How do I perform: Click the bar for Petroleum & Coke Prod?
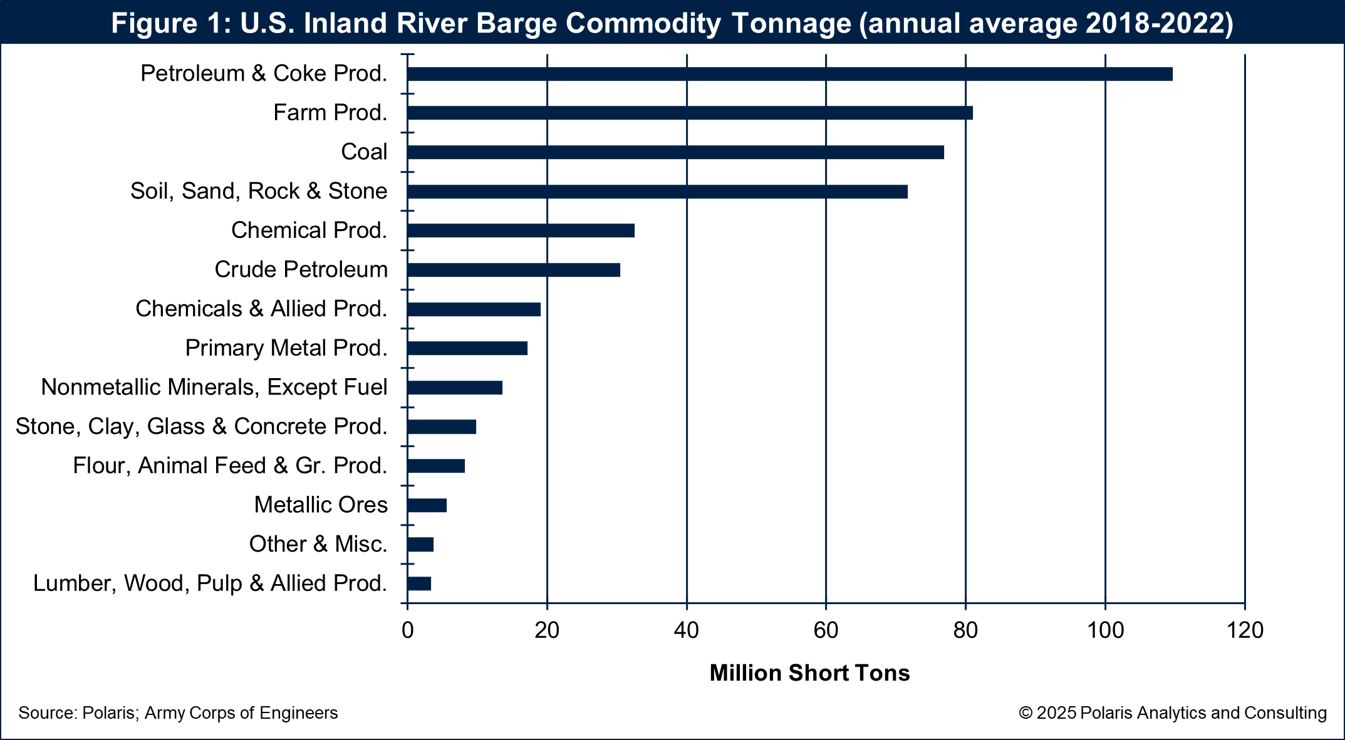789,74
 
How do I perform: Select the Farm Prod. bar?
689,113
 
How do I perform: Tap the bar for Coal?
675,152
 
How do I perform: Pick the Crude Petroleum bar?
514,270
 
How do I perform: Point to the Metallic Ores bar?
427,505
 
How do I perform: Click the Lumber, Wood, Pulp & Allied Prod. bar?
419,583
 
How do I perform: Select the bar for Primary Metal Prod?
467,348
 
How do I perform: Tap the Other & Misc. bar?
420,545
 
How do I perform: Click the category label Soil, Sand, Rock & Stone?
259,191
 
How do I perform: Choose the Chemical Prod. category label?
309,230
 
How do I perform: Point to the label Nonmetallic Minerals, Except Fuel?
214,388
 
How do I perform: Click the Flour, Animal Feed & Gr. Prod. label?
230,466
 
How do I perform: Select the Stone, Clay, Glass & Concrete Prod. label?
201,426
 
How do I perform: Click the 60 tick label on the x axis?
826,630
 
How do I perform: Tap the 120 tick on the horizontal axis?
1245,630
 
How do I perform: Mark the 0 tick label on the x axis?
407,630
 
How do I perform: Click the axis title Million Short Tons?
809,673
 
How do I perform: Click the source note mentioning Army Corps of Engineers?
178,713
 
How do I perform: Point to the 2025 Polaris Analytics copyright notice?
1172,713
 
